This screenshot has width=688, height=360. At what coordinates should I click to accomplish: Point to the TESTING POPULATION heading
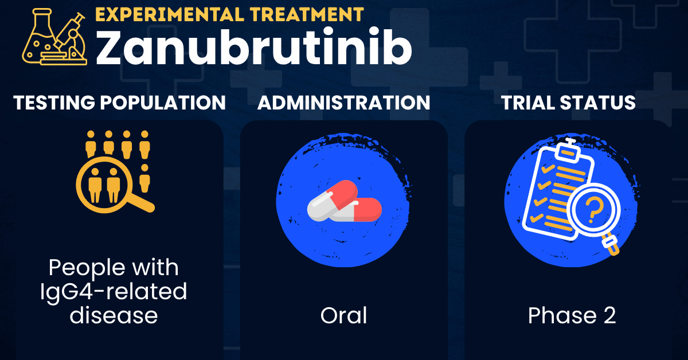point(119,103)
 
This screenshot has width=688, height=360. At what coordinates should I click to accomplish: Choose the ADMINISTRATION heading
point(343,103)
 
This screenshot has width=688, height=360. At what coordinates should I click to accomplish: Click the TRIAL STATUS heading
point(568,103)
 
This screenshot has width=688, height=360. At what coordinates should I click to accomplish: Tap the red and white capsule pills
point(344,201)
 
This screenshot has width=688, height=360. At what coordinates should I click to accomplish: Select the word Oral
point(343,315)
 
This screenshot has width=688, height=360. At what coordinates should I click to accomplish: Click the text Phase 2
point(572,315)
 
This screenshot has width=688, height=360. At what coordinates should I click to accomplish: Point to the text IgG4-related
point(114,292)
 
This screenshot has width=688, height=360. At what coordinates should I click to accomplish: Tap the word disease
point(114,315)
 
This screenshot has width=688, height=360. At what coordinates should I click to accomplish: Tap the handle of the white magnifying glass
point(613,247)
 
